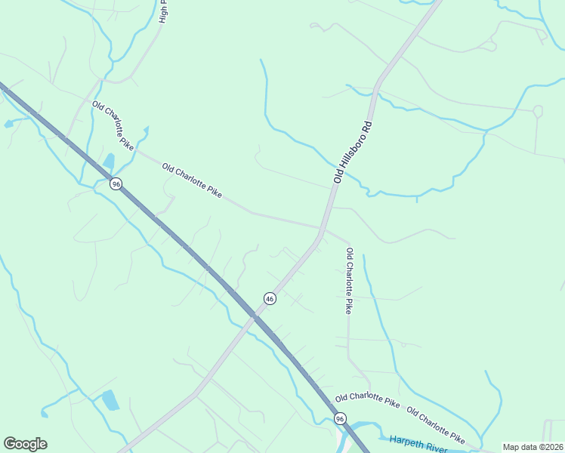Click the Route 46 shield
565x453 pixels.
tap(270, 299)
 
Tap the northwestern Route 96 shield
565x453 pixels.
tap(116, 184)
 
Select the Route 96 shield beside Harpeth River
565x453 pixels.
tap(340, 418)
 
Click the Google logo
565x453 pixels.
tap(26, 444)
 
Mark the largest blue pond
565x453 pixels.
tap(110, 399)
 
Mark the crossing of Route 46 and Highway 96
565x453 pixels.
tap(252, 318)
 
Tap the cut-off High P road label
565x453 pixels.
tap(163, 11)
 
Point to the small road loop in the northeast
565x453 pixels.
tap(538, 111)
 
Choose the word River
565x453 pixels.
tap(436, 448)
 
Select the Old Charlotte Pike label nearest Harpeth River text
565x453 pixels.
tap(436, 424)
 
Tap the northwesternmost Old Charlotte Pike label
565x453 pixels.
tap(113, 125)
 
